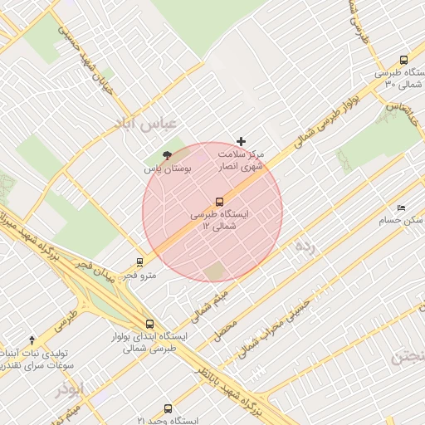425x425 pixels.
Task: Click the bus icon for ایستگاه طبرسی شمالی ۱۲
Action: tap(220, 202)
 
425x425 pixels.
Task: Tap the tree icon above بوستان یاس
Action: tap(166, 155)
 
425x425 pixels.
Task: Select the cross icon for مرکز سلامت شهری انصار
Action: tap(242, 142)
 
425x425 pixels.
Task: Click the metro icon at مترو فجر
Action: tap(139, 262)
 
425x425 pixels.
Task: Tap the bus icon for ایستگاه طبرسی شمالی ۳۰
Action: tap(403, 61)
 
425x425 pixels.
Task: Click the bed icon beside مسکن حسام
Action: tap(402, 208)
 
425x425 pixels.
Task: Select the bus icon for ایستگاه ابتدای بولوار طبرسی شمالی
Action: tap(149, 325)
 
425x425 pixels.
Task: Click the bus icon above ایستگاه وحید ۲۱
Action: tap(169, 408)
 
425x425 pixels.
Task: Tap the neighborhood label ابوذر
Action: tap(70, 388)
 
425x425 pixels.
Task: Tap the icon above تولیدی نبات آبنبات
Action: tap(32, 340)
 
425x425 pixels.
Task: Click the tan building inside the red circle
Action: tap(215, 271)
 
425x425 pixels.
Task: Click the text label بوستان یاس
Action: tap(167, 169)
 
